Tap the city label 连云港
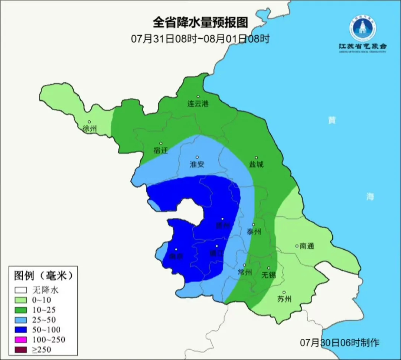[x=198, y=104]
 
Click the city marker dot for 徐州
[x=89, y=122]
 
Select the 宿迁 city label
[x=161, y=151]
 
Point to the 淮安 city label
[x=197, y=165]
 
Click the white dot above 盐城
[x=256, y=158]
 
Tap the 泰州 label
[x=254, y=232]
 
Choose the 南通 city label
[x=307, y=246]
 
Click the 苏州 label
[x=284, y=299]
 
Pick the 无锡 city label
[x=268, y=275]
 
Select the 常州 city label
[x=245, y=272]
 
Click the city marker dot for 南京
[x=176, y=250]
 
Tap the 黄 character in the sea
[x=332, y=120]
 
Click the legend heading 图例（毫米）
[x=42, y=276]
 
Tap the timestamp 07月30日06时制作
[x=340, y=343]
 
